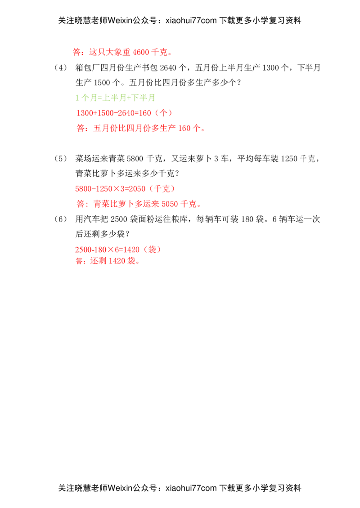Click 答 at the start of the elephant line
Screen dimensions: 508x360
click(76, 52)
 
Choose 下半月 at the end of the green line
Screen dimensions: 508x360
click(144, 98)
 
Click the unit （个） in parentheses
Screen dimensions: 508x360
click(163, 113)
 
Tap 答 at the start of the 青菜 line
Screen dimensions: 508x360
click(80, 204)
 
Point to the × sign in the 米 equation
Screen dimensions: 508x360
click(111, 250)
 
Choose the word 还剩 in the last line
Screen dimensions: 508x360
click(98, 261)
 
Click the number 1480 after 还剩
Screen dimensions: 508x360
click(116, 261)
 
